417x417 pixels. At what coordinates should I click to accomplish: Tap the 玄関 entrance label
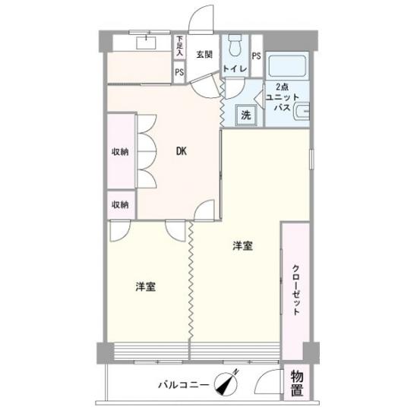coord(204,55)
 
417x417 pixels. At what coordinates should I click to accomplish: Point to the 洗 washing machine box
coord(246,116)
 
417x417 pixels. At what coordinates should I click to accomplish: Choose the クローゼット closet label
coord(296,289)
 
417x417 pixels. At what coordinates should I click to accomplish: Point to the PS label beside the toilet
coord(256,55)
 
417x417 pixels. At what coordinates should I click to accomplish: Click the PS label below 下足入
coord(180,72)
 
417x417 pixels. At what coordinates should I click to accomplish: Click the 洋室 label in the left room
coord(147,286)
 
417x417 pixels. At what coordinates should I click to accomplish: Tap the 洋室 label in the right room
coord(242,245)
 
